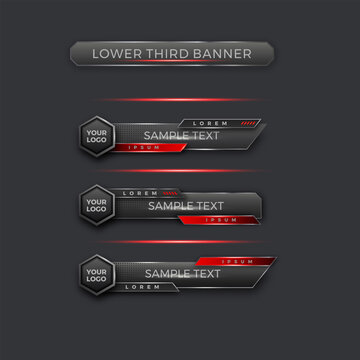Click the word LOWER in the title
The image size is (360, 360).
[x=114, y=53]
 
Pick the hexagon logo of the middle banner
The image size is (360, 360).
[x=97, y=205]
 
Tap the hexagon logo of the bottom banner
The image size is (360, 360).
[x=97, y=273]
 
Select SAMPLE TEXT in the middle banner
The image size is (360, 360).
[x=186, y=206]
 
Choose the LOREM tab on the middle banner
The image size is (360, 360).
[x=139, y=192]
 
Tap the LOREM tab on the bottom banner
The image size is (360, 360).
[x=144, y=287]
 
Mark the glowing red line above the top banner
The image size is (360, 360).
[x=180, y=100]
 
